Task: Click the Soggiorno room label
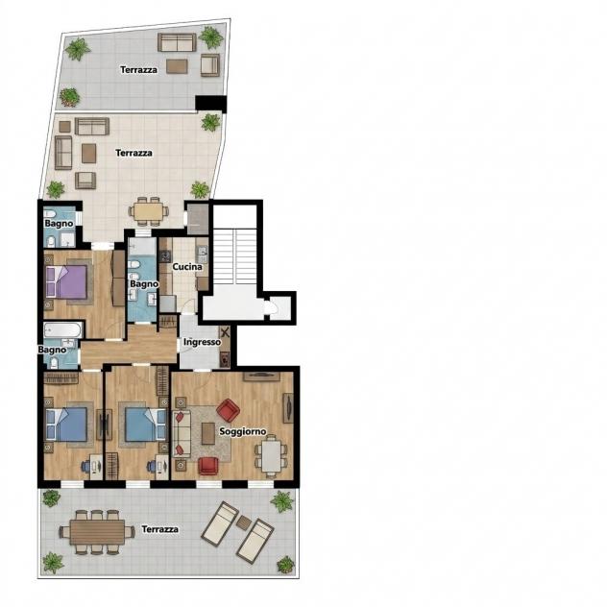[x=243, y=431]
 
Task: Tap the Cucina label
[x=187, y=267]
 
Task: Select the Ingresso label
[x=202, y=342]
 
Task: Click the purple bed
[x=66, y=281]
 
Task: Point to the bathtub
[x=62, y=330]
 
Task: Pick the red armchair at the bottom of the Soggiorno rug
[x=208, y=466]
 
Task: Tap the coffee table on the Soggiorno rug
[x=208, y=433]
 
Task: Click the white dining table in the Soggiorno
[x=271, y=456]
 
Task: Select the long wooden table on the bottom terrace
[x=97, y=532]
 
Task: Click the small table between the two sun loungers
[x=244, y=523]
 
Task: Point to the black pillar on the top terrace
[x=210, y=104]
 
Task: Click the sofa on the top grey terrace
[x=177, y=42]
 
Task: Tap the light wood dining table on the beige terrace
[x=149, y=212]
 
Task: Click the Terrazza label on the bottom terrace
[x=159, y=529]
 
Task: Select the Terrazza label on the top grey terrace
[x=138, y=70]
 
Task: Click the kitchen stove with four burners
[x=166, y=256]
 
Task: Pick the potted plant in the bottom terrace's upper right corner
[x=281, y=501]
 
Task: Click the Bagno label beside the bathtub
[x=52, y=350]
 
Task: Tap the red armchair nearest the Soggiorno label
[x=228, y=410]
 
